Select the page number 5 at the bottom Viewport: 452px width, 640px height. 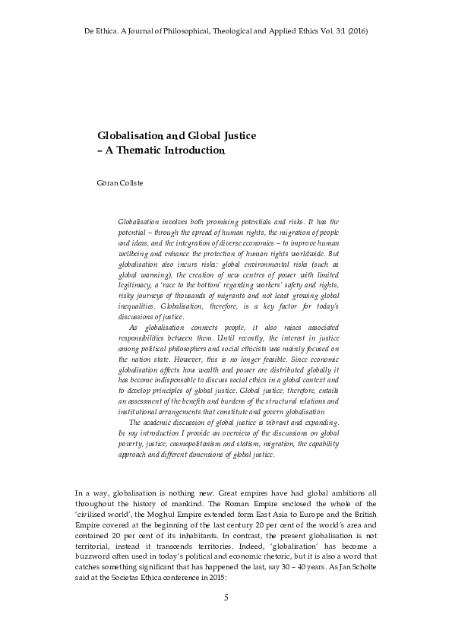point(226,598)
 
